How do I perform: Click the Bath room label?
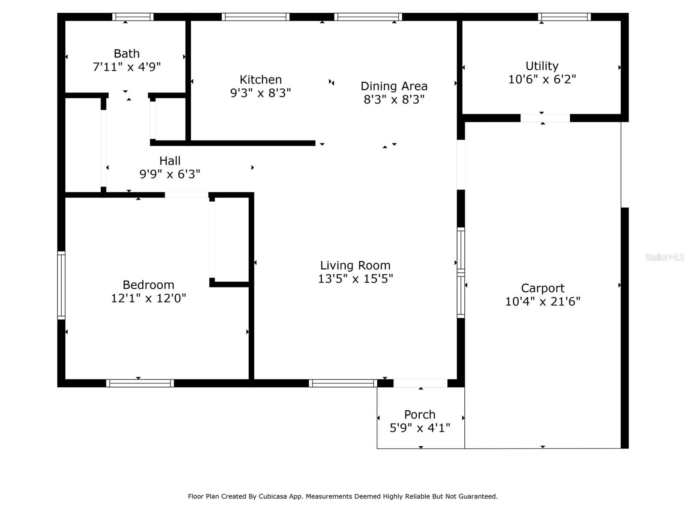point(126,54)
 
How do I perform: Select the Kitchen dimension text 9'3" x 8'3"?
point(260,93)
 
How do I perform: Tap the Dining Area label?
point(394,86)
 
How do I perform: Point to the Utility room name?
point(542,66)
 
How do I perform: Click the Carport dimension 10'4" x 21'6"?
point(542,302)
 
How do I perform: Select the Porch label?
point(420,415)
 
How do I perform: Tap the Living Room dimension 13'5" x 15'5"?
point(355,279)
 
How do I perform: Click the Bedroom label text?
point(148,285)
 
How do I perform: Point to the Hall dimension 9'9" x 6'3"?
point(170,174)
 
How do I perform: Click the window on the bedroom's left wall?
point(61,285)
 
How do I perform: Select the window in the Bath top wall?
point(133,17)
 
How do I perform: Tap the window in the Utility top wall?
point(564,17)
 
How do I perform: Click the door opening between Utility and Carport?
point(545,118)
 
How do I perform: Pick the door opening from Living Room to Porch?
point(420,383)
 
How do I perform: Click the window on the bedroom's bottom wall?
point(140,383)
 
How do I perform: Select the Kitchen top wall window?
point(256,17)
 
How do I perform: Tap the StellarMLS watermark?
point(664,257)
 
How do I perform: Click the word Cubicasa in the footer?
point(273,496)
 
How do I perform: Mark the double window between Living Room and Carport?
point(461,272)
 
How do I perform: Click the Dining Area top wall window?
point(368,17)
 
